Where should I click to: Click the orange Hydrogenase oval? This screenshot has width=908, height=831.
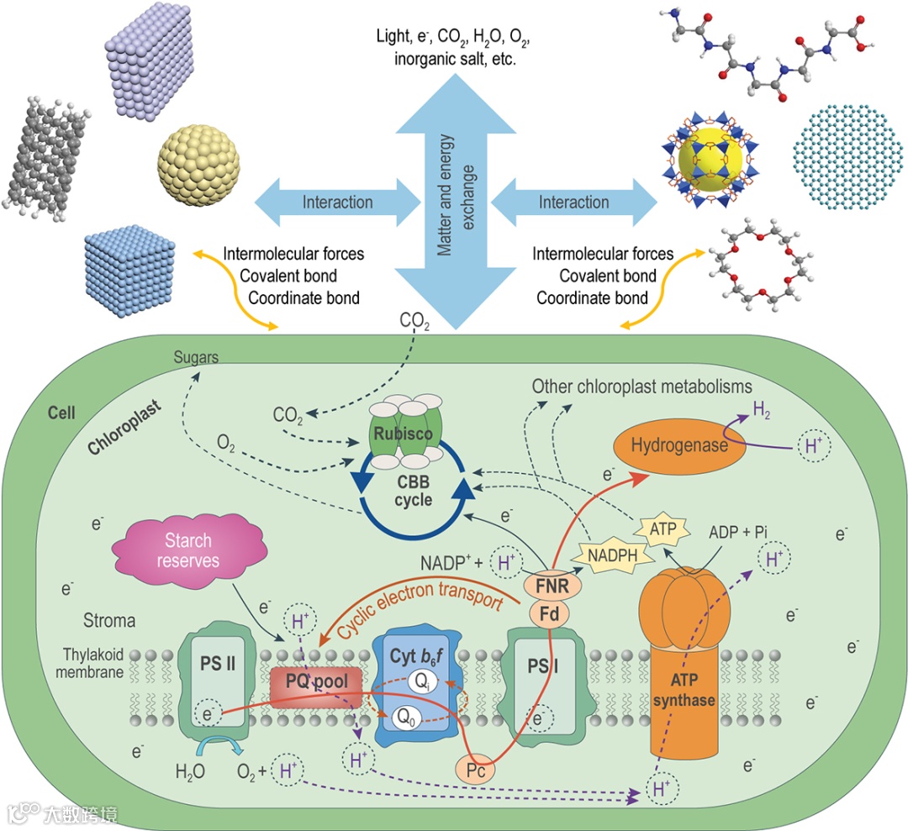point(681,445)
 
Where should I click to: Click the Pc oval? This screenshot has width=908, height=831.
point(477,765)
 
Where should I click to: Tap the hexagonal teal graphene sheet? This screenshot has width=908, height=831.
point(845,154)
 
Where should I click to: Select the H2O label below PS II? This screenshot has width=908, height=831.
point(192,771)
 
